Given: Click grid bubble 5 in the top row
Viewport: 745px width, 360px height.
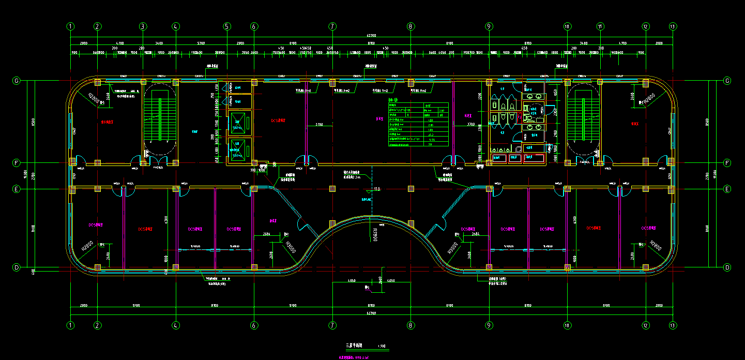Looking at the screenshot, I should point(226,26).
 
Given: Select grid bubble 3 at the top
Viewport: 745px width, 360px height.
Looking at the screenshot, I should point(143,26).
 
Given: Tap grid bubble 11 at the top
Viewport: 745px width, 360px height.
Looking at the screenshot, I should point(600,26).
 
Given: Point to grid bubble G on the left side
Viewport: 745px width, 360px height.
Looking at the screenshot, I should point(17,81).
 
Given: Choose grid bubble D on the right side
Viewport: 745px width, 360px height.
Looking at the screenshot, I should point(727,267).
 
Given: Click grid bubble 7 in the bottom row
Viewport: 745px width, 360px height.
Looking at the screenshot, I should point(332,325).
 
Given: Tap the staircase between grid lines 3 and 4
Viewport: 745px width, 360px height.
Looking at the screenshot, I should point(160,117).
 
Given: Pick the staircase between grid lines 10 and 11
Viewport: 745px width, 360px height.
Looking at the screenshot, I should point(583,117).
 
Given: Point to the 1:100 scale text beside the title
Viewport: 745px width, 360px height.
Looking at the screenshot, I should point(382,346).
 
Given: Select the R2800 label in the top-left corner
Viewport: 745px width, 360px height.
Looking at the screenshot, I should point(93,98).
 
